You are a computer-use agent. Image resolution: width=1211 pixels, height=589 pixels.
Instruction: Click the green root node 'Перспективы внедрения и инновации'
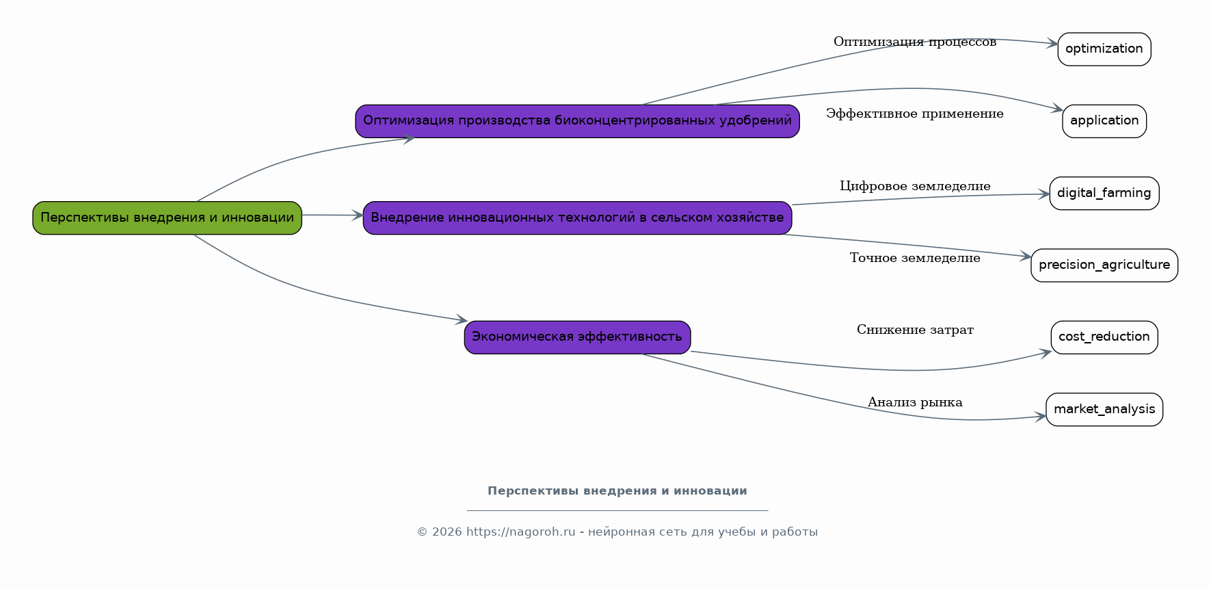(168, 218)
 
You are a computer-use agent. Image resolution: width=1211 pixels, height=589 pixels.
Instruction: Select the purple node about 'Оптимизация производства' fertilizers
(577, 121)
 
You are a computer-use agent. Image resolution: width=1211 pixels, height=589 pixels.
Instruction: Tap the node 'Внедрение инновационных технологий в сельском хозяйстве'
(577, 218)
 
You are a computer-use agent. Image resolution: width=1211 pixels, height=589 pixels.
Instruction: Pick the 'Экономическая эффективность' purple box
(577, 337)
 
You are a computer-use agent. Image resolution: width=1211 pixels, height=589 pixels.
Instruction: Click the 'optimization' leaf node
(1104, 49)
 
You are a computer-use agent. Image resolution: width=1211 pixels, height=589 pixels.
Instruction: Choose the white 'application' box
(1104, 121)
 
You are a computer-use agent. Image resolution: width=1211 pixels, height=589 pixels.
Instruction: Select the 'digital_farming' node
(1104, 194)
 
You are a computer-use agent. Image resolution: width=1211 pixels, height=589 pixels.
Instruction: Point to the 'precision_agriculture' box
(1104, 265)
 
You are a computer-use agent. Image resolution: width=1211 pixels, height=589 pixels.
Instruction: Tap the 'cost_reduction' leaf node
(1104, 337)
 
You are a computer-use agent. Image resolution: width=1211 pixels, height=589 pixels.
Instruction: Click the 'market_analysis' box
(1104, 410)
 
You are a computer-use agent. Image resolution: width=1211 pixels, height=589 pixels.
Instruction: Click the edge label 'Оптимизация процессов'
(915, 42)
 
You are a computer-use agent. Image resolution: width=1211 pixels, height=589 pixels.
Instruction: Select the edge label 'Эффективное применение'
(915, 114)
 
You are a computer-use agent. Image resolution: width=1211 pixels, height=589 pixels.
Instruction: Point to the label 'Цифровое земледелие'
(915, 186)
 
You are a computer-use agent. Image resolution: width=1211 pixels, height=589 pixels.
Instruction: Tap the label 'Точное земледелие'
(915, 258)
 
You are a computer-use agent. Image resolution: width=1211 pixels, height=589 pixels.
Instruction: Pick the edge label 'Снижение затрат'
(915, 330)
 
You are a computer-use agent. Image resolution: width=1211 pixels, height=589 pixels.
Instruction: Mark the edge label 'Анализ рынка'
(915, 402)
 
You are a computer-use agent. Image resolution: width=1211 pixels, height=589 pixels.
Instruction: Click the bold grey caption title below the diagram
(617, 491)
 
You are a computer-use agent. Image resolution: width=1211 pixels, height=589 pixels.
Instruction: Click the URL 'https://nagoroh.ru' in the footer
(521, 532)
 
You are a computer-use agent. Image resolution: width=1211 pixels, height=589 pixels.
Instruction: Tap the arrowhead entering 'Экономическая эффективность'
(462, 319)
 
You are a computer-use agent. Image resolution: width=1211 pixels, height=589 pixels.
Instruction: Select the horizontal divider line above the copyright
(617, 510)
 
